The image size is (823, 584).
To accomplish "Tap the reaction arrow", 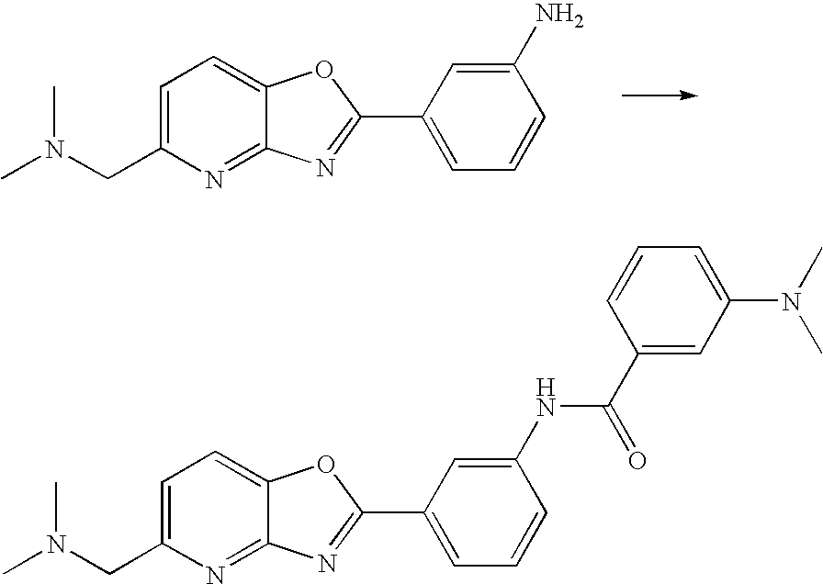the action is pos(657,95).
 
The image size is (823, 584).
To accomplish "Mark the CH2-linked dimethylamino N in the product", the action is pos(56,548).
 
